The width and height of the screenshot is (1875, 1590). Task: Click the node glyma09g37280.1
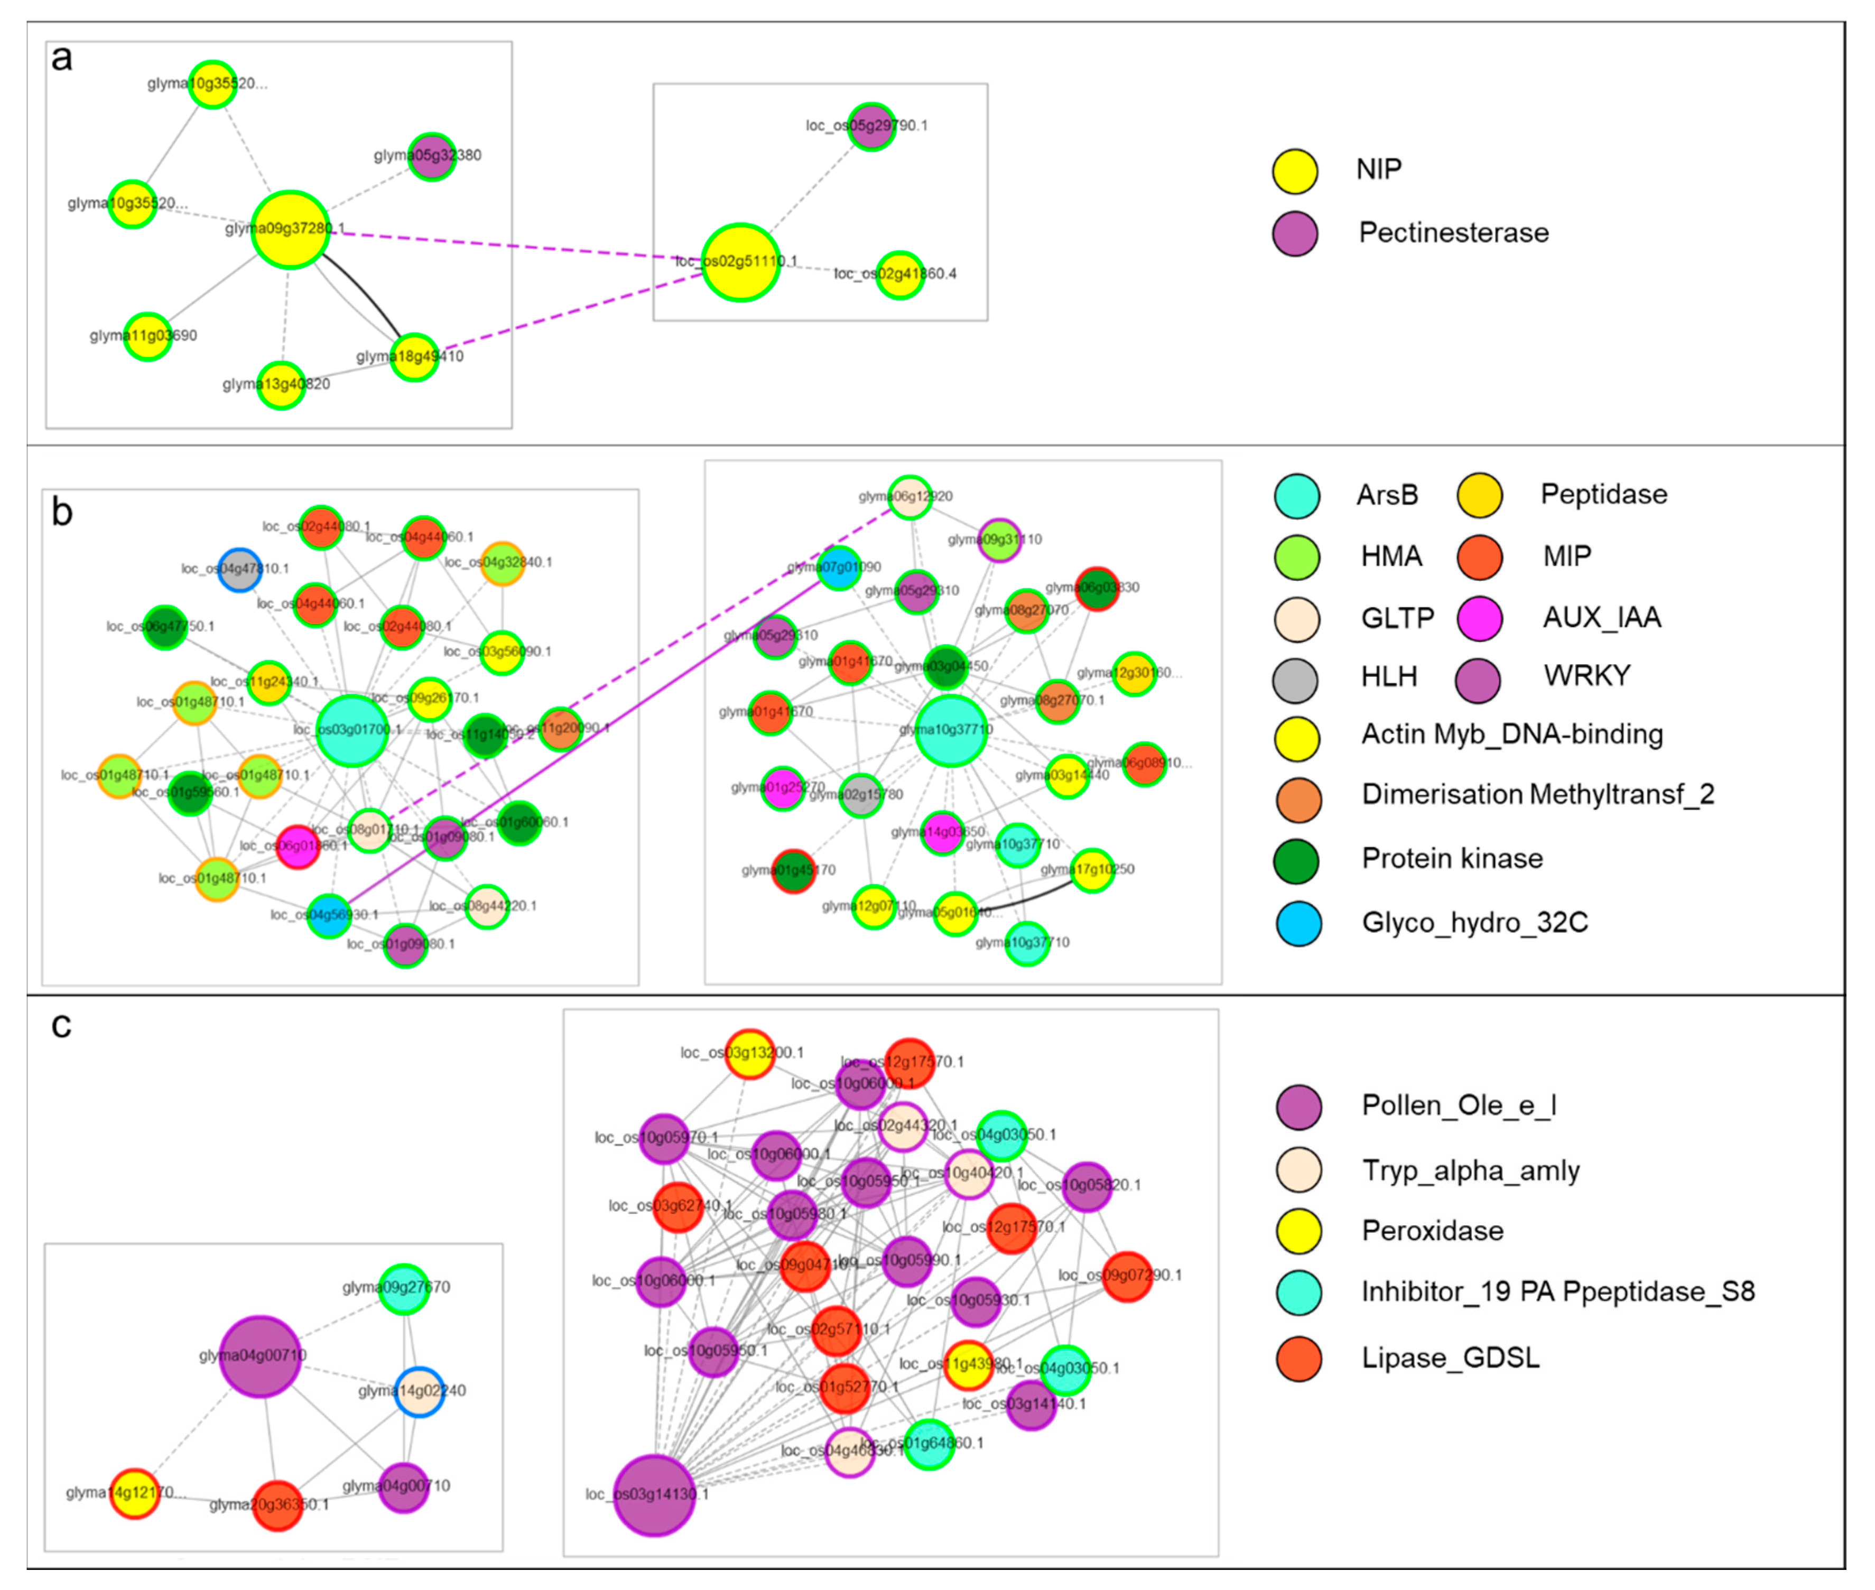(290, 230)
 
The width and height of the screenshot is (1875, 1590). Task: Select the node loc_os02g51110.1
(740, 262)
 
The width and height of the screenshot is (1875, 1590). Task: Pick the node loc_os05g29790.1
(871, 127)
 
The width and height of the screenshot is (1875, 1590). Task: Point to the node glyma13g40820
(281, 385)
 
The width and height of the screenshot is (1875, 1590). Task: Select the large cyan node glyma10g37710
(950, 730)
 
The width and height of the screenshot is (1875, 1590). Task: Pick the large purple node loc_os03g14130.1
(654, 1495)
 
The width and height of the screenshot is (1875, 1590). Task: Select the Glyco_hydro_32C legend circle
(1298, 924)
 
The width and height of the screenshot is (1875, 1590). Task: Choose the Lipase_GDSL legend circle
(1298, 1359)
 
